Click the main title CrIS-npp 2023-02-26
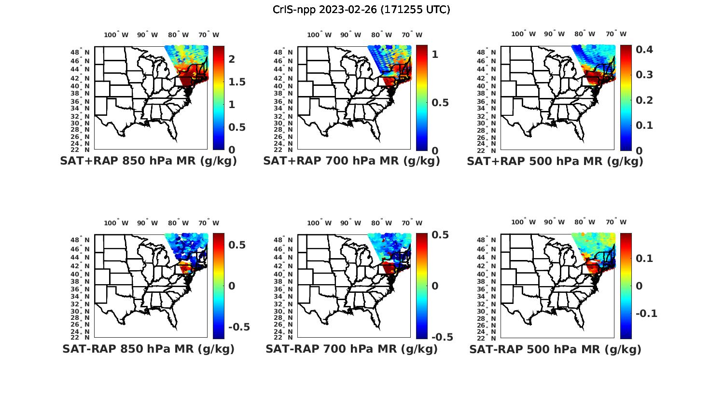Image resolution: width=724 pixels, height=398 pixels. [361, 10]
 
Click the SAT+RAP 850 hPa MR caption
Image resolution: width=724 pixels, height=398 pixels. [148, 161]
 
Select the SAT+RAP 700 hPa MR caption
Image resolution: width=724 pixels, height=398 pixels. [351, 161]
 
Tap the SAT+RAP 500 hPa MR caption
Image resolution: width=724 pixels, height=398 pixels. [555, 162]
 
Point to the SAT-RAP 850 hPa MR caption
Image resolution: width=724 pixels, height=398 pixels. [148, 349]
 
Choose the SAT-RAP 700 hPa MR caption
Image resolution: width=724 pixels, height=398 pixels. [351, 349]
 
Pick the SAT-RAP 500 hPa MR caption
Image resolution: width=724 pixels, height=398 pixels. [555, 349]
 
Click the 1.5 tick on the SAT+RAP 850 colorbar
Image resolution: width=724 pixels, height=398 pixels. [237, 82]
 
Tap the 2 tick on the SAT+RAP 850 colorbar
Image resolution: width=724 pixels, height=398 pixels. [232, 59]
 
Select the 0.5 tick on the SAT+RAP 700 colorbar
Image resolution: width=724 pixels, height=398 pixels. [440, 102]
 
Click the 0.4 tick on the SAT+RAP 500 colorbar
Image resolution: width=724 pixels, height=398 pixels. [644, 49]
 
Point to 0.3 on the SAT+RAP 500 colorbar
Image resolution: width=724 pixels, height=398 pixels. [644, 75]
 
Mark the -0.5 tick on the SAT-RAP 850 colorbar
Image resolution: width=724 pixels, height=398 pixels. [238, 327]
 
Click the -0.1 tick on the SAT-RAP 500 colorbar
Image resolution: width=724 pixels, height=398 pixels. [646, 314]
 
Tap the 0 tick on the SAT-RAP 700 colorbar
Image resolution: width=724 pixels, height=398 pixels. [435, 286]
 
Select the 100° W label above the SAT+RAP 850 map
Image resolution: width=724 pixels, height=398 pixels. [116, 35]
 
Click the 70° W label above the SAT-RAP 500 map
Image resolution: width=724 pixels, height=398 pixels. [616, 222]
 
